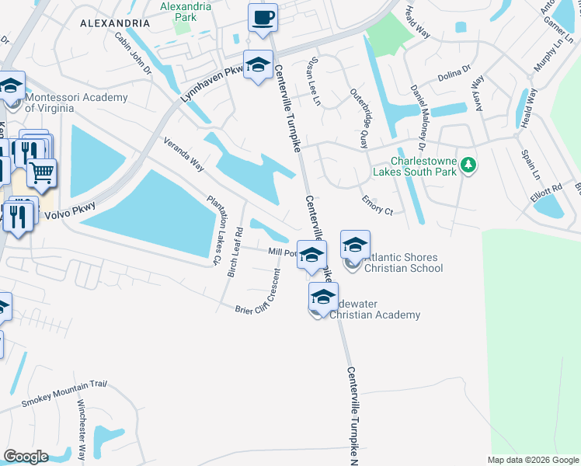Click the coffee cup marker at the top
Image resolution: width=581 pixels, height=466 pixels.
[x=263, y=17]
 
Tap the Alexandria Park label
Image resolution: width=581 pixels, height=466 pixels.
[x=186, y=10]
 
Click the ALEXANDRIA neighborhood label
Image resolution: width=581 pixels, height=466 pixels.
[x=113, y=24]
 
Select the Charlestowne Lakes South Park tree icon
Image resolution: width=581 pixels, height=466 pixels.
[x=468, y=164]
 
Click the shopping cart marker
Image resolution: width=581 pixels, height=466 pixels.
[x=42, y=172]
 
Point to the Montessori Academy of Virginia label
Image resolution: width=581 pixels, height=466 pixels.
[x=76, y=103]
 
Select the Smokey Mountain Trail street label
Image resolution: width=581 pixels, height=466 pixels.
[x=63, y=395]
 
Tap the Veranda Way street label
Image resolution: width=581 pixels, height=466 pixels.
[x=183, y=155]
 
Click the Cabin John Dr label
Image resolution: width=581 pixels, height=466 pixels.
[x=133, y=52]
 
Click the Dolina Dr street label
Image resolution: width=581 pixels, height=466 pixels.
[x=454, y=73]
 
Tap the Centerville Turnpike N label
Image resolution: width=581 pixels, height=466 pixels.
[x=353, y=416]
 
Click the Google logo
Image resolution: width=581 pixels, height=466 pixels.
[x=26, y=456]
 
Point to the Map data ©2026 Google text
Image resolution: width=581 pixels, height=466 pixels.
[x=533, y=460]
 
